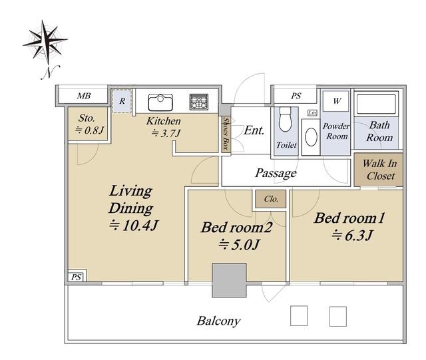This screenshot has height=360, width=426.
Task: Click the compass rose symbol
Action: pos(45,41)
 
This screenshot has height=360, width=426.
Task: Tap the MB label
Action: pos(84,96)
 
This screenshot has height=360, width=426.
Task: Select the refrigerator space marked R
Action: pos(122,100)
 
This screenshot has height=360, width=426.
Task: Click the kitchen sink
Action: pos(160,102)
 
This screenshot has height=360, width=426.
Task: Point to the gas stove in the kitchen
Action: pos(199,102)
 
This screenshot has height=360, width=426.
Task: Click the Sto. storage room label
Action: pos(87,118)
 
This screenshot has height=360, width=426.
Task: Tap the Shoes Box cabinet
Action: pos(226,134)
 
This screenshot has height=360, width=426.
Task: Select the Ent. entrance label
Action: pos(254,130)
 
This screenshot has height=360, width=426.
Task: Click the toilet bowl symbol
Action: pos(285,119)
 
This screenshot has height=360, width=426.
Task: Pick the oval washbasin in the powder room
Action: pos(311,137)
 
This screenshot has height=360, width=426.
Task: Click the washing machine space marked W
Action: pos(336,101)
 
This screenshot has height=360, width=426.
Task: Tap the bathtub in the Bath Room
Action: pos(376,104)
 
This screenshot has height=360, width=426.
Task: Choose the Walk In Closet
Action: pos(379,170)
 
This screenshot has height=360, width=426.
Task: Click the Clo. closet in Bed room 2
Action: pos(271,199)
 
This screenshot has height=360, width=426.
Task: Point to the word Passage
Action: pos(276,173)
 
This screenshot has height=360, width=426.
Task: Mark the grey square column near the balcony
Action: pos(229,280)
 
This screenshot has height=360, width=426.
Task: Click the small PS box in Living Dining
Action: pos(76,277)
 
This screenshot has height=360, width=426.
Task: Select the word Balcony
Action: pos(219,321)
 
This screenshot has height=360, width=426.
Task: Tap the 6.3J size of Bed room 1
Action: pos(352,236)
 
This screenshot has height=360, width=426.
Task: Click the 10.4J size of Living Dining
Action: pos(133,225)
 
